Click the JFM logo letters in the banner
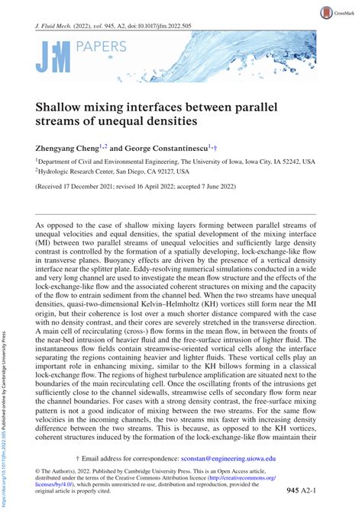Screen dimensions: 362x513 (53, 56)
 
